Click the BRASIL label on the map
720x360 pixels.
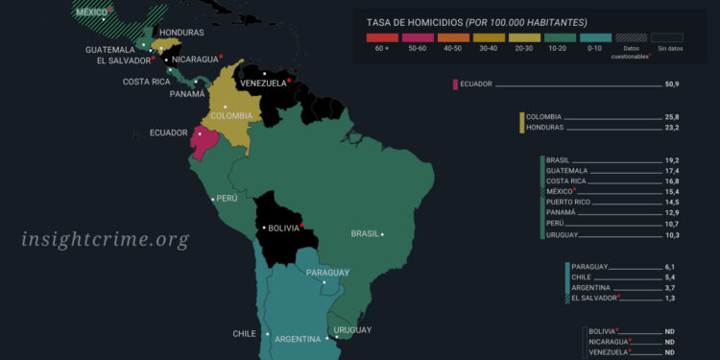[365, 233]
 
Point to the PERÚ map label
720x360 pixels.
[227, 199]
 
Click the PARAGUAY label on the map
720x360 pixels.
[327, 273]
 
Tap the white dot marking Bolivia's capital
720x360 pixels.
[263, 228]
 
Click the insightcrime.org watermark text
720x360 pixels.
[106, 240]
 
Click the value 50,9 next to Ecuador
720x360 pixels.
[670, 84]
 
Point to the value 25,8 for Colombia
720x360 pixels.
[670, 117]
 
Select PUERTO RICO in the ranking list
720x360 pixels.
[569, 203]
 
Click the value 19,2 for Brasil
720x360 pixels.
[670, 159]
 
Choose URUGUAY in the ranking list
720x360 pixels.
[562, 235]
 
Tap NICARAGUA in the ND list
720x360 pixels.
[608, 342]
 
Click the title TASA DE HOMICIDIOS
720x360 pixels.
[421, 22]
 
